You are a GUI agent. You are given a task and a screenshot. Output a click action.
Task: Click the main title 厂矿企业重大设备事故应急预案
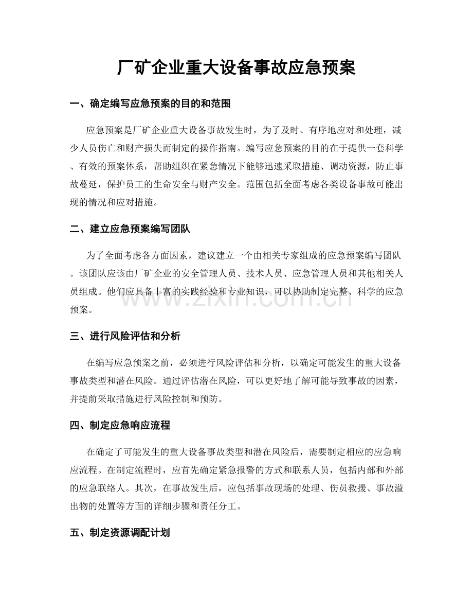pyautogui.click(x=236, y=68)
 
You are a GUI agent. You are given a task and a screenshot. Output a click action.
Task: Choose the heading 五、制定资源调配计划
pyautogui.click(x=119, y=533)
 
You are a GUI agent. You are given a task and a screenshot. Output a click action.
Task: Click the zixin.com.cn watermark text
pyautogui.click(x=236, y=297)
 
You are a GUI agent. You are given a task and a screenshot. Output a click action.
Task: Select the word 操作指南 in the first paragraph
pyautogui.click(x=222, y=149)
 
